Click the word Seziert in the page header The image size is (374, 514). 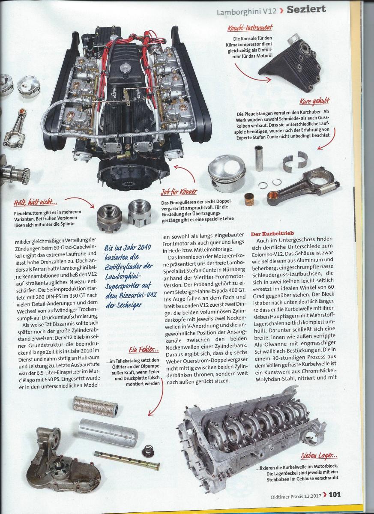pyautogui.click(x=306, y=9)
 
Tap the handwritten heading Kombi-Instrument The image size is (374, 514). pyautogui.click(x=250, y=28)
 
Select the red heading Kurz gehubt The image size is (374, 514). pyautogui.click(x=314, y=101)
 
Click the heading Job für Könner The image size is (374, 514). pyautogui.click(x=179, y=191)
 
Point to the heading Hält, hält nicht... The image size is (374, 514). pyautogui.click(x=36, y=202)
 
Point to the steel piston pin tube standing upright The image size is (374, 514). pyautogui.click(x=259, y=158)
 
